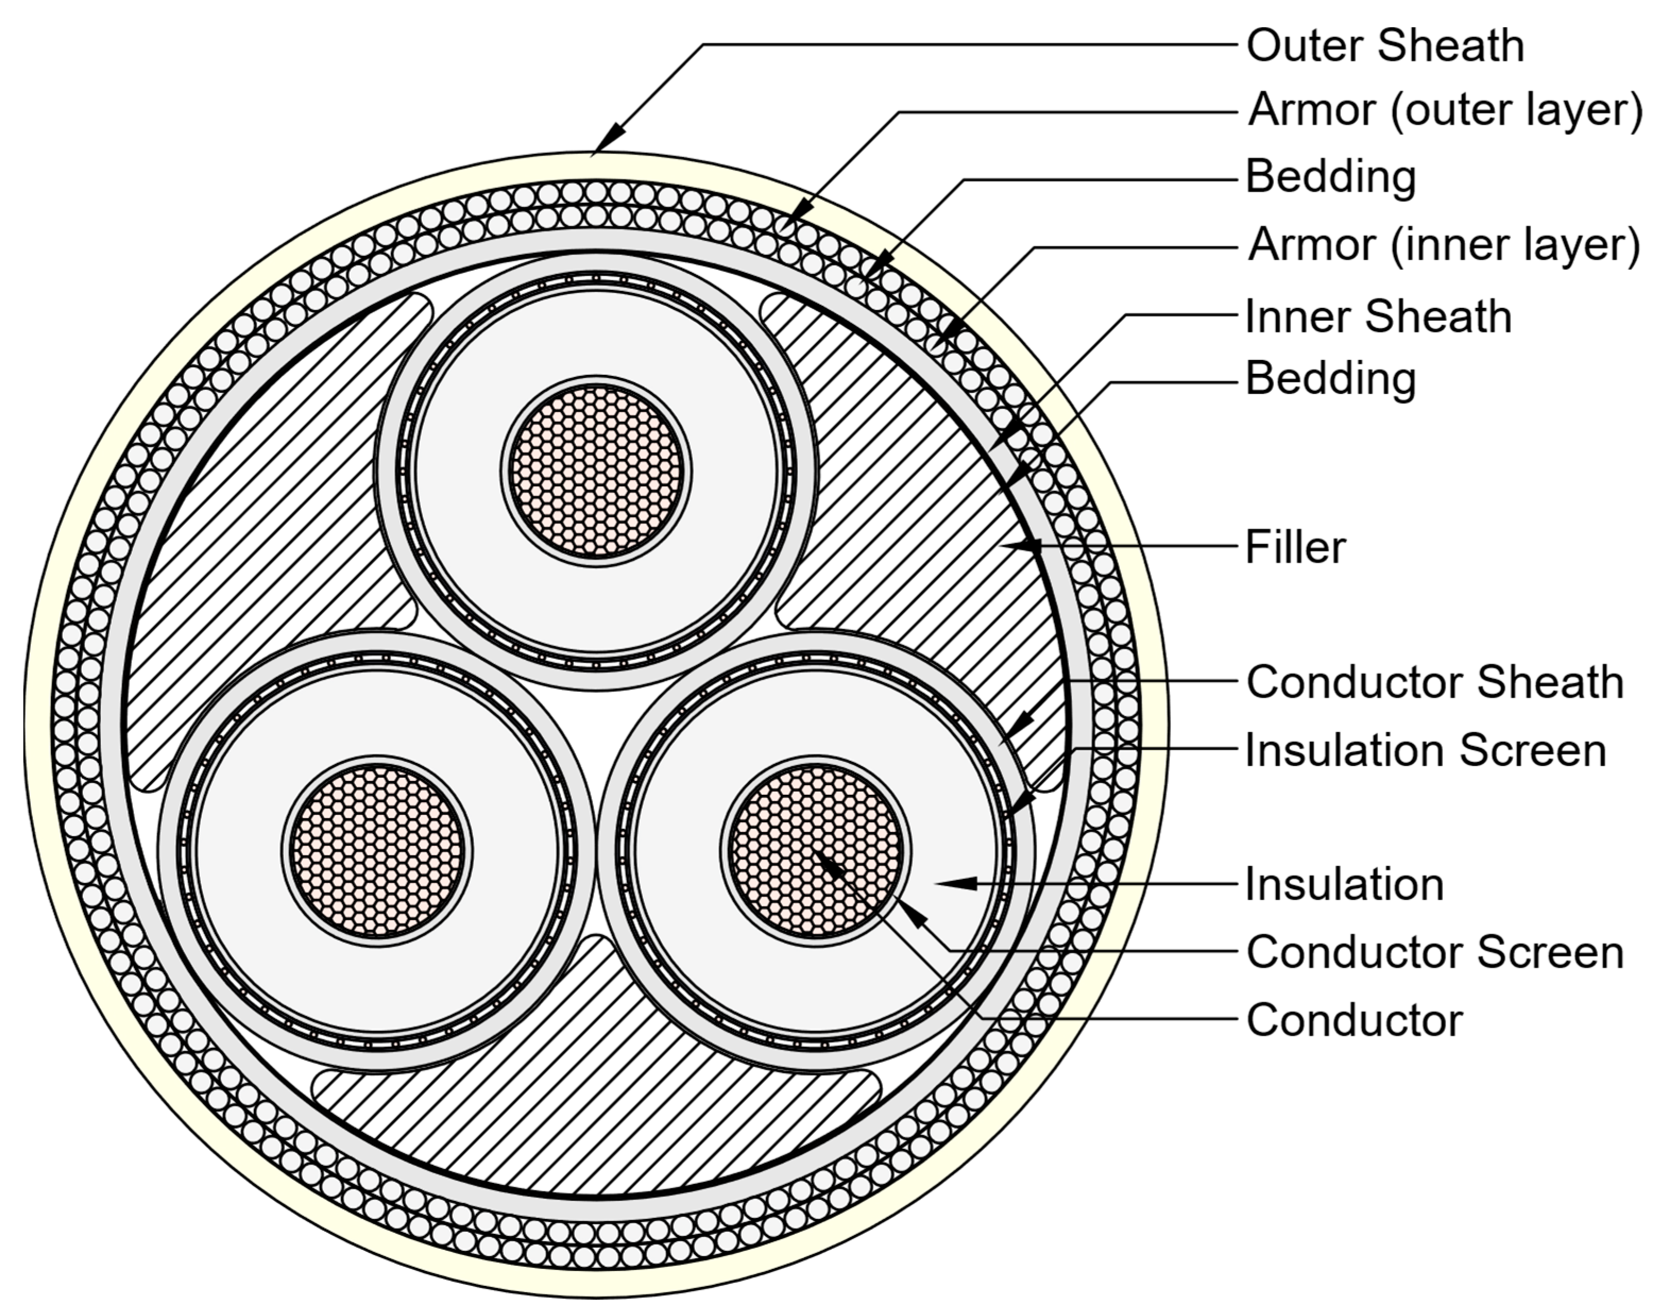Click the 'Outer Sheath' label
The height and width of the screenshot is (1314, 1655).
tap(1385, 46)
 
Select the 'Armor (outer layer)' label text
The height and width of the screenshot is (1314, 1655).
tap(1445, 110)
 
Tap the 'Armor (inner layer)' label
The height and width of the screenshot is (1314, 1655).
tap(1443, 246)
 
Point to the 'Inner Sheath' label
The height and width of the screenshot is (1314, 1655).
tap(1378, 317)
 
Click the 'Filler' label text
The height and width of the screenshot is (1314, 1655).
tap(1295, 548)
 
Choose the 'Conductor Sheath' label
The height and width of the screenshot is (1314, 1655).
tap(1434, 682)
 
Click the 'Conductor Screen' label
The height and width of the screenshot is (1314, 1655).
tap(1434, 952)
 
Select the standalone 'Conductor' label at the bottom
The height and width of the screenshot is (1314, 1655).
tap(1354, 1021)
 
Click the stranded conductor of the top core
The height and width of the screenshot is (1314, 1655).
tap(596, 471)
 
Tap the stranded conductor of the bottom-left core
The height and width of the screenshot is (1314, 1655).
tap(377, 851)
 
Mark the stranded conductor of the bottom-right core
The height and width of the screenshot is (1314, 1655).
tap(816, 851)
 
